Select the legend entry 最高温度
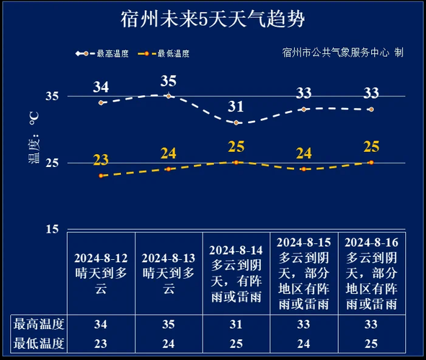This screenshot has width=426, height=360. click(x=103, y=53)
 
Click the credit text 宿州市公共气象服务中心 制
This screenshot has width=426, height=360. click(x=342, y=53)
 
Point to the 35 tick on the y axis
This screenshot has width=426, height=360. click(x=53, y=96)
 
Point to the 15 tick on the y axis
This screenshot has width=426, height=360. click(x=53, y=229)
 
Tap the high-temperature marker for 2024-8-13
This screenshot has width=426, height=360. click(x=169, y=96)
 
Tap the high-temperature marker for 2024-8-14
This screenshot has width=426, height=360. click(x=236, y=122)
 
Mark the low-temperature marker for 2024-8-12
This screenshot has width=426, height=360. click(x=101, y=176)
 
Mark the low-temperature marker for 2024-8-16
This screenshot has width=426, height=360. click(x=371, y=162)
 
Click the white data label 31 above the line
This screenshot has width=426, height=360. click(x=236, y=107)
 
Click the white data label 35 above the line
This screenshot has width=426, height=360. click(x=169, y=80)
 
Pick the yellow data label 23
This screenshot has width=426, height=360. click(x=101, y=160)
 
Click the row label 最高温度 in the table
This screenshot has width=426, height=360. click(x=40, y=324)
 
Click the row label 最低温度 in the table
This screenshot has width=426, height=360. click(x=40, y=343)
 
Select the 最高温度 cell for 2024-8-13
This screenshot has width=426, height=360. click(x=169, y=324)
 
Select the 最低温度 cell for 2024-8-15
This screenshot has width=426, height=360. click(x=303, y=343)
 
